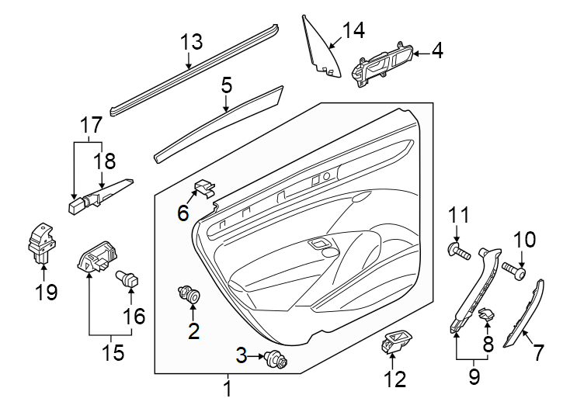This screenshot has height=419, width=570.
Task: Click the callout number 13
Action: pyautogui.click(x=191, y=43)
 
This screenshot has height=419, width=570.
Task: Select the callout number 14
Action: pyautogui.click(x=353, y=30)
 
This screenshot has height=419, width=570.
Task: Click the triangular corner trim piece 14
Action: pyautogui.click(x=320, y=48)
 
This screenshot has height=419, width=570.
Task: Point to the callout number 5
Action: pyautogui.click(x=226, y=85)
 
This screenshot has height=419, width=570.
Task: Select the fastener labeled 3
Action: pyautogui.click(x=273, y=359)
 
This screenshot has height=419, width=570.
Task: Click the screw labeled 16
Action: pyautogui.click(x=126, y=278)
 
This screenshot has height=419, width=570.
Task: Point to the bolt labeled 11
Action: pyautogui.click(x=458, y=251)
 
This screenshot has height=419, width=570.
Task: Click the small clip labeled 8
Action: pyautogui.click(x=486, y=314)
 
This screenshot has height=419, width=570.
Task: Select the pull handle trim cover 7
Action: pyautogui.click(x=524, y=314)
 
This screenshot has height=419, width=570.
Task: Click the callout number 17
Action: pyautogui.click(x=91, y=124)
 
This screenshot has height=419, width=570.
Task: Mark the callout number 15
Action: pyautogui.click(x=113, y=353)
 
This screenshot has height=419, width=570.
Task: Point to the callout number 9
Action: pyautogui.click(x=473, y=378)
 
